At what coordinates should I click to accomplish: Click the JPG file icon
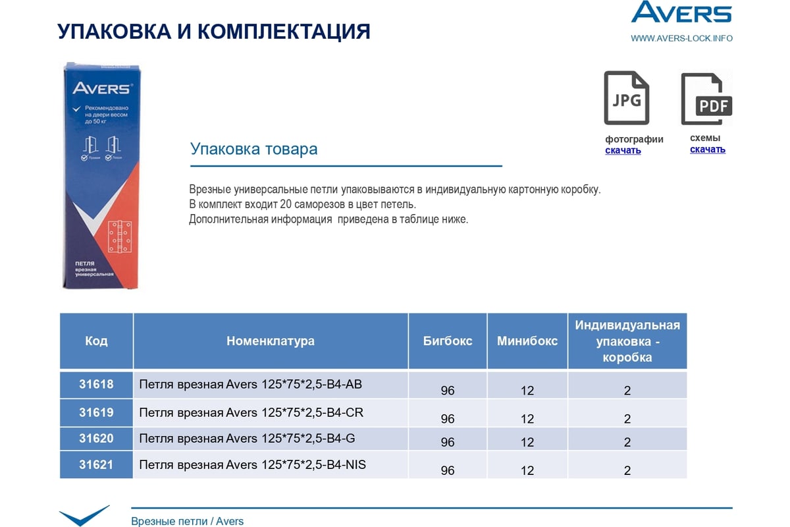(x=626, y=98)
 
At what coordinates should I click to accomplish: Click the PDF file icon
(x=706, y=99)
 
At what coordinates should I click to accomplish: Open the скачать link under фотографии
(x=623, y=150)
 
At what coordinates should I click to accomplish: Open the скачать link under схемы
(x=708, y=149)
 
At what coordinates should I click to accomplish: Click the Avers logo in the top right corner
(x=681, y=13)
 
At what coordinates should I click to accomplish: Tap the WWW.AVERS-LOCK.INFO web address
(x=681, y=38)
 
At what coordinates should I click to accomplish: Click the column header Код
(x=96, y=341)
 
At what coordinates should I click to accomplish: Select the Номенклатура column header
(x=271, y=341)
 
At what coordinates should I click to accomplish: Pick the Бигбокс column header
(x=448, y=341)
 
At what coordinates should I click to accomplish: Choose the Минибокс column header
(x=527, y=341)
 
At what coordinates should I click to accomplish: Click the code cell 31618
(x=96, y=384)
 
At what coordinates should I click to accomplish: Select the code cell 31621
(x=96, y=464)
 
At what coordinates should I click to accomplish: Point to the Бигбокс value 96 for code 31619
(x=448, y=419)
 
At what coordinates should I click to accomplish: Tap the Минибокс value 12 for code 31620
(x=527, y=442)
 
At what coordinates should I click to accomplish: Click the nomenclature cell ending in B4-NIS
(x=253, y=465)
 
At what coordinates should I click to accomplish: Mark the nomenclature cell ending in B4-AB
(x=251, y=385)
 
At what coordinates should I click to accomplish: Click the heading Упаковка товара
(x=253, y=149)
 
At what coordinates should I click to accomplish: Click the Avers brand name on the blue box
(x=103, y=88)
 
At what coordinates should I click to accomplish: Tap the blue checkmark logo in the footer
(x=84, y=515)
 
